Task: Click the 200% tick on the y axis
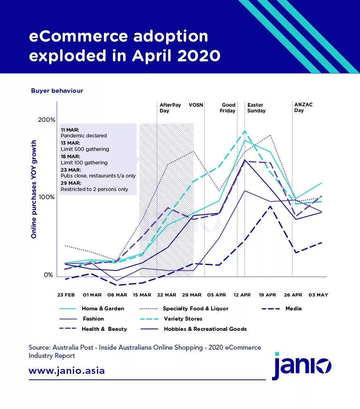click(47, 120)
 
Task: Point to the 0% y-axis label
click(49, 275)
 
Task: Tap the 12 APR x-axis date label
click(242, 295)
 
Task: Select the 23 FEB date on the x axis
click(66, 295)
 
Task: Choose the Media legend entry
click(293, 309)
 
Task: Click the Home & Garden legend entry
click(103, 309)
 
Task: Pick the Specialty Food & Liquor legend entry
click(196, 309)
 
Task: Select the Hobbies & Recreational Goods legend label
click(205, 329)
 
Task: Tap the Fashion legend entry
click(93, 319)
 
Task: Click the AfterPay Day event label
click(170, 108)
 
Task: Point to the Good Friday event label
click(228, 108)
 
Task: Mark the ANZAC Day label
click(303, 108)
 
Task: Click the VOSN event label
click(196, 105)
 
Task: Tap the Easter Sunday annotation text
click(256, 108)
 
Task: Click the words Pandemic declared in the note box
click(83, 136)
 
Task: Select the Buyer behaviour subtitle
click(57, 91)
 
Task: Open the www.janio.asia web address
click(67, 371)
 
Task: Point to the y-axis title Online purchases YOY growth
click(34, 189)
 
